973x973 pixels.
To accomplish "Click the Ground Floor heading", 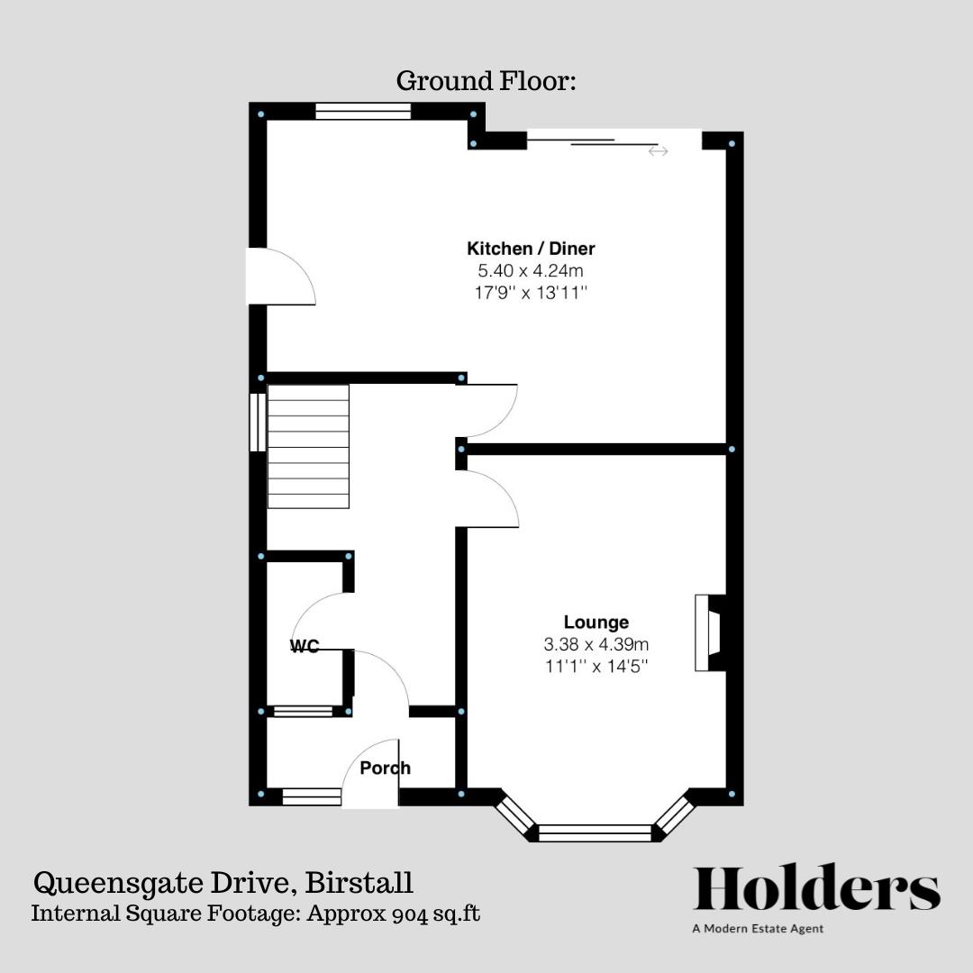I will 486,81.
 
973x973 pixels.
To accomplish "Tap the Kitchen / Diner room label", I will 531,249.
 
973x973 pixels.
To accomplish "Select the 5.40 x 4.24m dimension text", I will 531,270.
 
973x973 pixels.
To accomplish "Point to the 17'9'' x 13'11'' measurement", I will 531,292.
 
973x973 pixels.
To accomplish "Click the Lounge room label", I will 596,622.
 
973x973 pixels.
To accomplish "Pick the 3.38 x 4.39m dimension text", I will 596,644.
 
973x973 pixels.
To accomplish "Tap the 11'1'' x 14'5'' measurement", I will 596,666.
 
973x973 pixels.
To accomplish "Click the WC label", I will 305,646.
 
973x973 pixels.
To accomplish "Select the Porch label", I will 385,768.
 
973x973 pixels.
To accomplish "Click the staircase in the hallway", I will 308,447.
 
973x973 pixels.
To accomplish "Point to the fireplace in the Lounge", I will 709,632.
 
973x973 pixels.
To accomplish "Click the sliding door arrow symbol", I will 659,151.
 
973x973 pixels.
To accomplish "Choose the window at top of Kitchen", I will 363,111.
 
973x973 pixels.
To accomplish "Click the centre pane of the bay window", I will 595,832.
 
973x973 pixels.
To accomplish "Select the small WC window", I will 303,712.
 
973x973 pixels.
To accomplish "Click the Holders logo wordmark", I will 816,888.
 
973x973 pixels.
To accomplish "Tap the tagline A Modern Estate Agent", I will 758,929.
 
